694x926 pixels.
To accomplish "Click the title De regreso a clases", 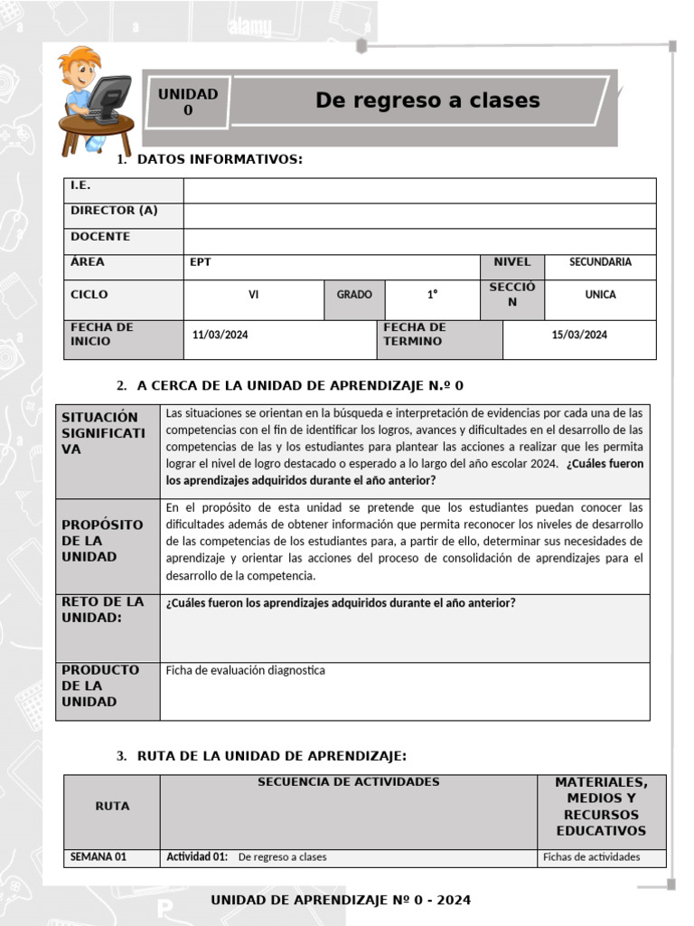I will pos(427,100).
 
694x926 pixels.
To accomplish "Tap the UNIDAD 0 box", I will pos(188,101).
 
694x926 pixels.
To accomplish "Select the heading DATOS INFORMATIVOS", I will pos(219,160).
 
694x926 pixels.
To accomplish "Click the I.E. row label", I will pos(81,185).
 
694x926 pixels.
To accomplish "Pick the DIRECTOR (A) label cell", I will pos(114,211).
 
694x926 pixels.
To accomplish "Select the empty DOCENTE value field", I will pos(419,241).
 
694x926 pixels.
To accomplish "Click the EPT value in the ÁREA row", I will pos(200,262).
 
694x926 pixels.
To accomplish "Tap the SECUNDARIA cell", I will pos(600,262).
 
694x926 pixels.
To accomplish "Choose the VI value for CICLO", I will pos(254,295).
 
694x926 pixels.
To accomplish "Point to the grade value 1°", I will pos(432,295).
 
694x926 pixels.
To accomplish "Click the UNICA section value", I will pos(600,295).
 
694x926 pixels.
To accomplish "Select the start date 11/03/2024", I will pos(220,335).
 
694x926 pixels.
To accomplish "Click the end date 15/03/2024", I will pos(579,335).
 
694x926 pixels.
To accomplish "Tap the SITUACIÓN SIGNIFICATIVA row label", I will pos(103,433).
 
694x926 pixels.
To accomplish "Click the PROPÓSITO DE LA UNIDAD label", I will pos(102,541).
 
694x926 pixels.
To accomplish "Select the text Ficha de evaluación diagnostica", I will pos(246,671).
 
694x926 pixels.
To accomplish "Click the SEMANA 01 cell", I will pos(98,857).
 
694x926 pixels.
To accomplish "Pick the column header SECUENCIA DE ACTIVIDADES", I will pos(348,782).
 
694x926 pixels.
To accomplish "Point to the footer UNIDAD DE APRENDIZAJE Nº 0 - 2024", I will pos(341,900).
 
